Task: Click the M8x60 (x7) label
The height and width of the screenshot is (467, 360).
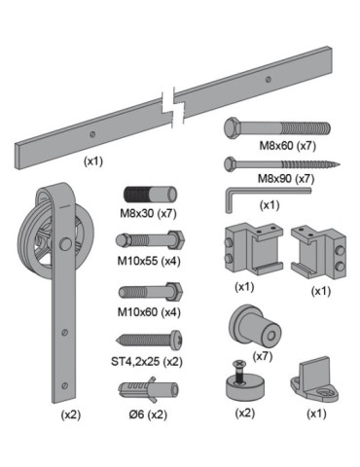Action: point(287,146)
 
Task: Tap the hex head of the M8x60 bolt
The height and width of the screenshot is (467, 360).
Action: point(232,128)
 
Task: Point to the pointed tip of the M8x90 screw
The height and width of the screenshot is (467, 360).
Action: point(339,164)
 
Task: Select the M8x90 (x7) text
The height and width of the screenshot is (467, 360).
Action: point(286,178)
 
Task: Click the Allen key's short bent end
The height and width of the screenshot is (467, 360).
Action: point(229,202)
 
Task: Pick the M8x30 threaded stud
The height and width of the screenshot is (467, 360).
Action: point(150,195)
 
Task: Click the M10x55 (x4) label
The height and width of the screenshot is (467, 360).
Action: point(149,261)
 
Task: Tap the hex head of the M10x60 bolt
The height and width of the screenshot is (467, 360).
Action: point(175,292)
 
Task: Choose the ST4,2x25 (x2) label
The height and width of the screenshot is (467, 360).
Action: point(147,361)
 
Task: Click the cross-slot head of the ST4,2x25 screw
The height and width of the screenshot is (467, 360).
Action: point(177,341)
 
